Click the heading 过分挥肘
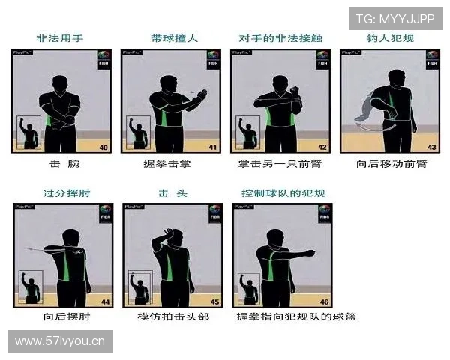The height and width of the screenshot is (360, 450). pyautogui.click(x=61, y=193)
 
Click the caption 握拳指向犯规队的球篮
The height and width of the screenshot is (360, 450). pyautogui.click(x=295, y=316)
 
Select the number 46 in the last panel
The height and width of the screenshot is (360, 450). pyautogui.click(x=324, y=301)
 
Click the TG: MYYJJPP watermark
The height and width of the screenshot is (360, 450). pyautogui.click(x=394, y=19)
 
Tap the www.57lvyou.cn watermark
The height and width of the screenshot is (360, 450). pyautogui.click(x=60, y=342)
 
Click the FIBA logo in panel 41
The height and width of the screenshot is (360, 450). pyautogui.click(x=213, y=60)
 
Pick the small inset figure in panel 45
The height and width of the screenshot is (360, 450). pyautogui.click(x=139, y=288)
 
